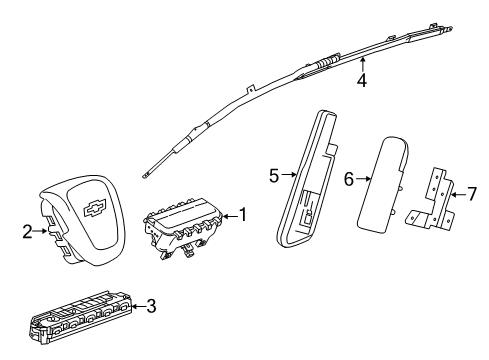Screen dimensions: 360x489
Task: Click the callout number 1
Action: [x=243, y=215]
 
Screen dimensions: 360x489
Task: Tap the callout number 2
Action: [x=27, y=230]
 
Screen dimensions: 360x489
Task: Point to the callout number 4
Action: [x=361, y=80]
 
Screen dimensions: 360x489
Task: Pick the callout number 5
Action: [x=272, y=177]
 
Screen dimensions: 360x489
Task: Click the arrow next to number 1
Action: [x=228, y=215]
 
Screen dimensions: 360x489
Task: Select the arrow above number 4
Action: [x=361, y=64]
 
